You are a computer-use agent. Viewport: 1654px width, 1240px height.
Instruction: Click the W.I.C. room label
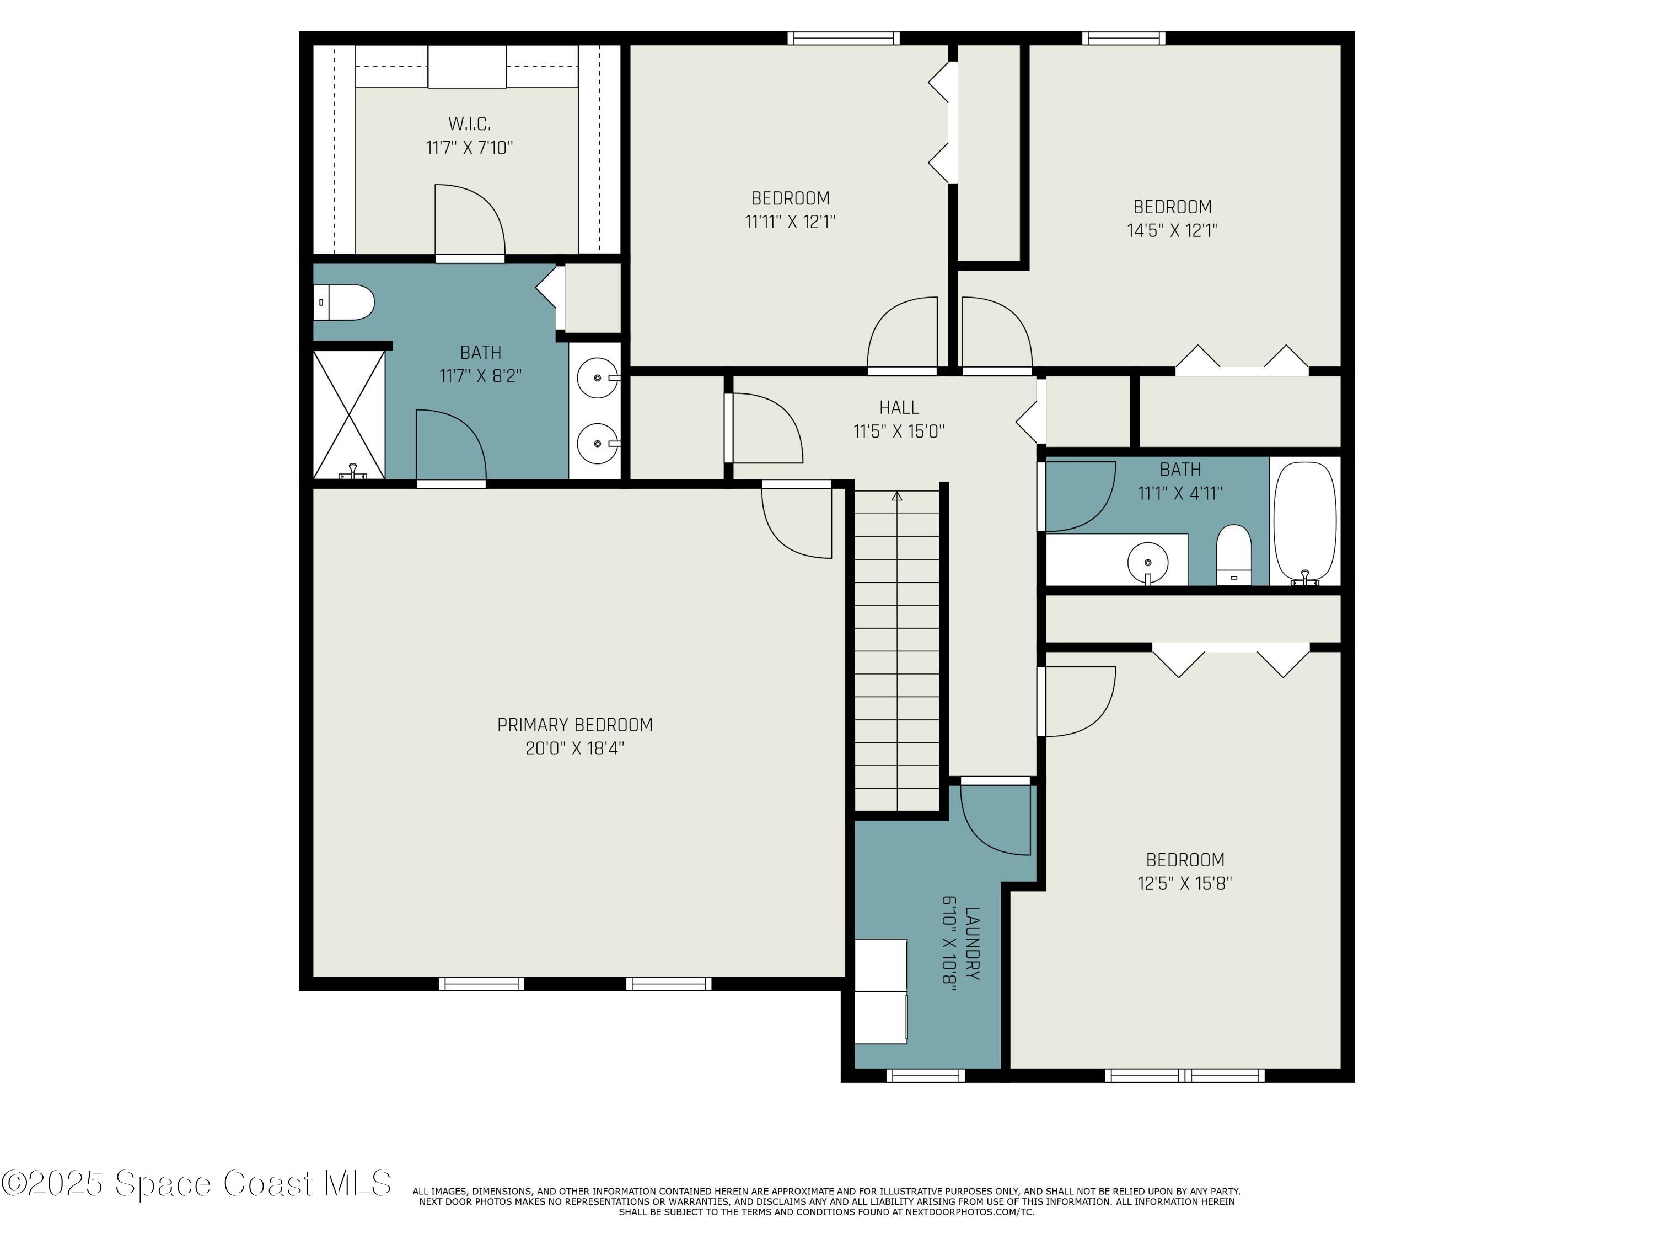pyautogui.click(x=470, y=123)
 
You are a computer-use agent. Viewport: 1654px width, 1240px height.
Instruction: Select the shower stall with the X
pyautogui.click(x=348, y=415)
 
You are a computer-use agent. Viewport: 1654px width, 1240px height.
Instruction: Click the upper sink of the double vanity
pyautogui.click(x=598, y=378)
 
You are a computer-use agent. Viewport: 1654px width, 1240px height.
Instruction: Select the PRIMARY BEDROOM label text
pyautogui.click(x=575, y=725)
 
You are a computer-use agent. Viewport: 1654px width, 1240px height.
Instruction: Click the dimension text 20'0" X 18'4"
pyautogui.click(x=575, y=749)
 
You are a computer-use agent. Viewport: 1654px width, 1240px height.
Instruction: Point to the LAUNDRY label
pyautogui.click(x=972, y=944)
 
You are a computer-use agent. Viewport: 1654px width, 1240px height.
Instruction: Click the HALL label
pyautogui.click(x=899, y=407)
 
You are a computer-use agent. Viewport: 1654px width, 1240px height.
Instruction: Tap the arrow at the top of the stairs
pyautogui.click(x=897, y=497)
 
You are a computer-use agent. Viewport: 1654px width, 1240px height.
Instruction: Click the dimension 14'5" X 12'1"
pyautogui.click(x=1173, y=230)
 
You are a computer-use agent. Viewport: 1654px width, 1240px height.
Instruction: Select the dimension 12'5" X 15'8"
pyautogui.click(x=1185, y=883)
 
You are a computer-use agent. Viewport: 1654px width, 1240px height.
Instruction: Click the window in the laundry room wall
pyautogui.click(x=926, y=1076)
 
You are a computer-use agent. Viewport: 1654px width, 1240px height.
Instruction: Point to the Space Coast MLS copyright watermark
pyautogui.click(x=196, y=1183)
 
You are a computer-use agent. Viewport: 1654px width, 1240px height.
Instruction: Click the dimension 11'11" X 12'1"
pyautogui.click(x=791, y=222)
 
